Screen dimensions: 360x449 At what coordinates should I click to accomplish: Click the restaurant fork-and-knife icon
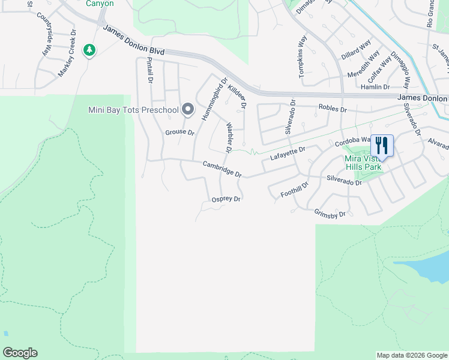[x=382, y=145]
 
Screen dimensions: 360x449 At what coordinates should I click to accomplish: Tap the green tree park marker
[x=89, y=50]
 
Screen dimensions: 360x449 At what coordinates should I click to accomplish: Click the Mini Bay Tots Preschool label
[x=133, y=110]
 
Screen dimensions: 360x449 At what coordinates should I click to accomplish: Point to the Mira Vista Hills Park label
[x=363, y=163]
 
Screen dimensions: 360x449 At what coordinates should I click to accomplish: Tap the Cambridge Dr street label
[x=221, y=169]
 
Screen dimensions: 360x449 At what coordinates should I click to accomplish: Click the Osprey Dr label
[x=226, y=199]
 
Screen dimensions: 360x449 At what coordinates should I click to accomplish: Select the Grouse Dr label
[x=180, y=132]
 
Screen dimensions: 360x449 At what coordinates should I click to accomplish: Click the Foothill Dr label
[x=294, y=190]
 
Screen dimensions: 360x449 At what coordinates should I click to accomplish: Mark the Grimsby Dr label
[x=330, y=213]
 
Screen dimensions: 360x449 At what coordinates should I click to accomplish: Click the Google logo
[x=20, y=353]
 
